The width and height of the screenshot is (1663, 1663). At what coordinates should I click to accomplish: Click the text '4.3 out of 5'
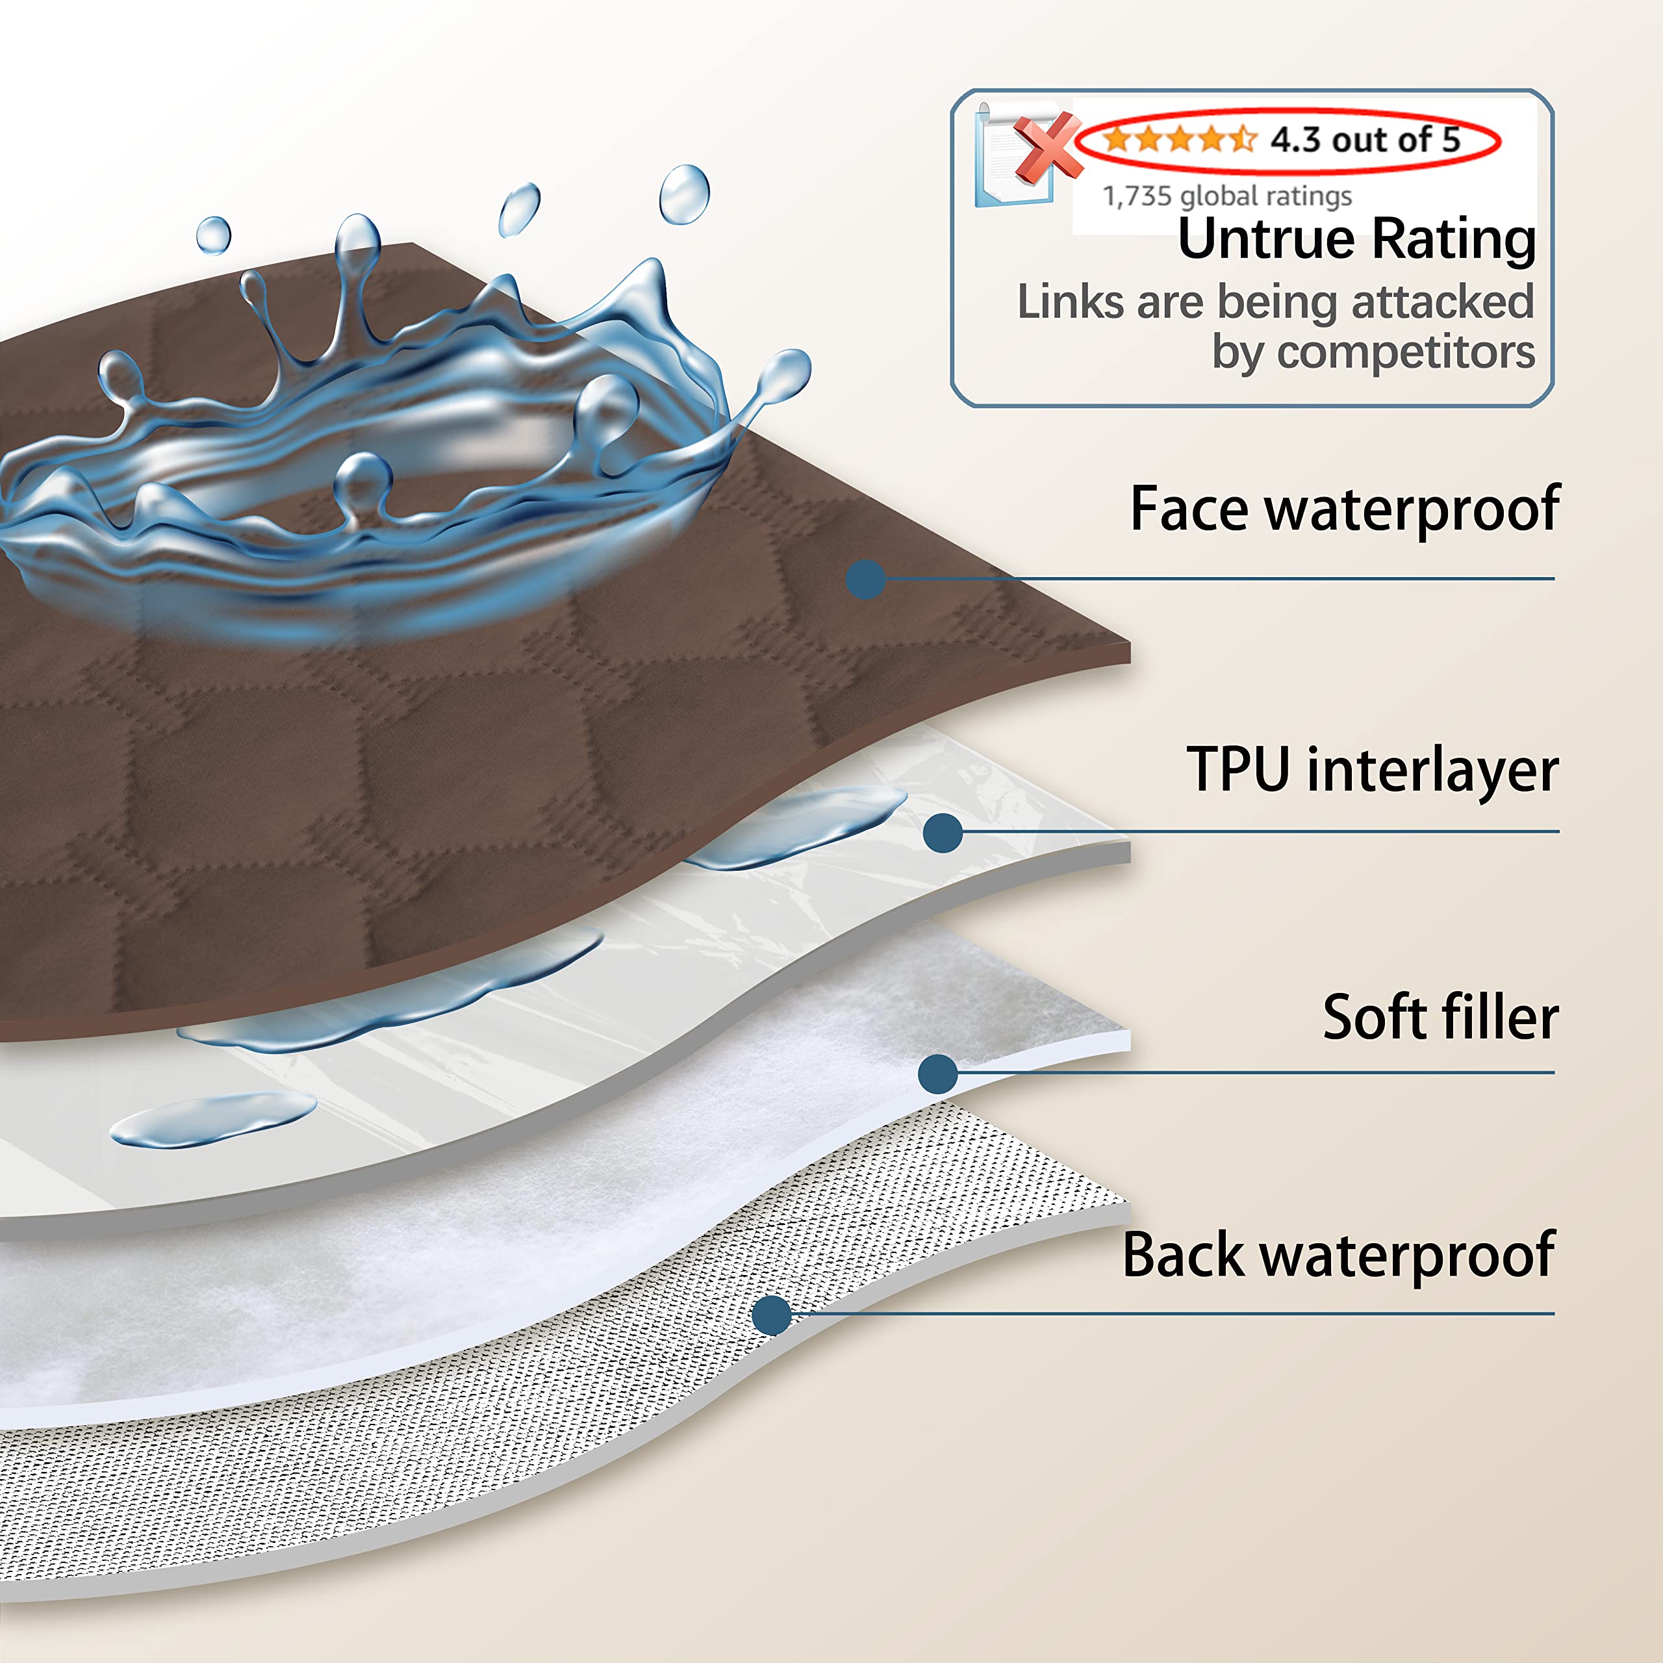[x=1365, y=140]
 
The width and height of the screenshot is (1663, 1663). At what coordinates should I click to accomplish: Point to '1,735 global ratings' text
[x=1226, y=196]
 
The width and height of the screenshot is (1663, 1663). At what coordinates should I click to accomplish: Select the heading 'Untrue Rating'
[x=1356, y=238]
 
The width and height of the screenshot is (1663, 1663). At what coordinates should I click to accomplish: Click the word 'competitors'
[x=1406, y=352]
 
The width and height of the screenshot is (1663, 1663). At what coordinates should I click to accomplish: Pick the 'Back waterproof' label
[x=1338, y=1255]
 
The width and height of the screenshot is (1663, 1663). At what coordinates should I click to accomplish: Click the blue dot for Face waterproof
[x=866, y=579]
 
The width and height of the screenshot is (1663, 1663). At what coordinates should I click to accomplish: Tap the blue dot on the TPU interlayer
[x=943, y=832]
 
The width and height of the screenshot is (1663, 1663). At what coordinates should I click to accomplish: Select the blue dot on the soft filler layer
[x=938, y=1074]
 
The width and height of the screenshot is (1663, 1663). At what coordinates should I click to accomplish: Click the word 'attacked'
[x=1443, y=302]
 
